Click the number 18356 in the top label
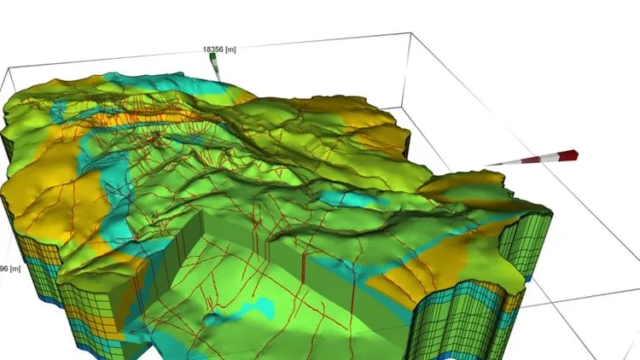[x=212, y=49]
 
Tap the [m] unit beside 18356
[x=230, y=49]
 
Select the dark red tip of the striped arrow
[x=568, y=154]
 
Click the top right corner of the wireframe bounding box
[x=411, y=34]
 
